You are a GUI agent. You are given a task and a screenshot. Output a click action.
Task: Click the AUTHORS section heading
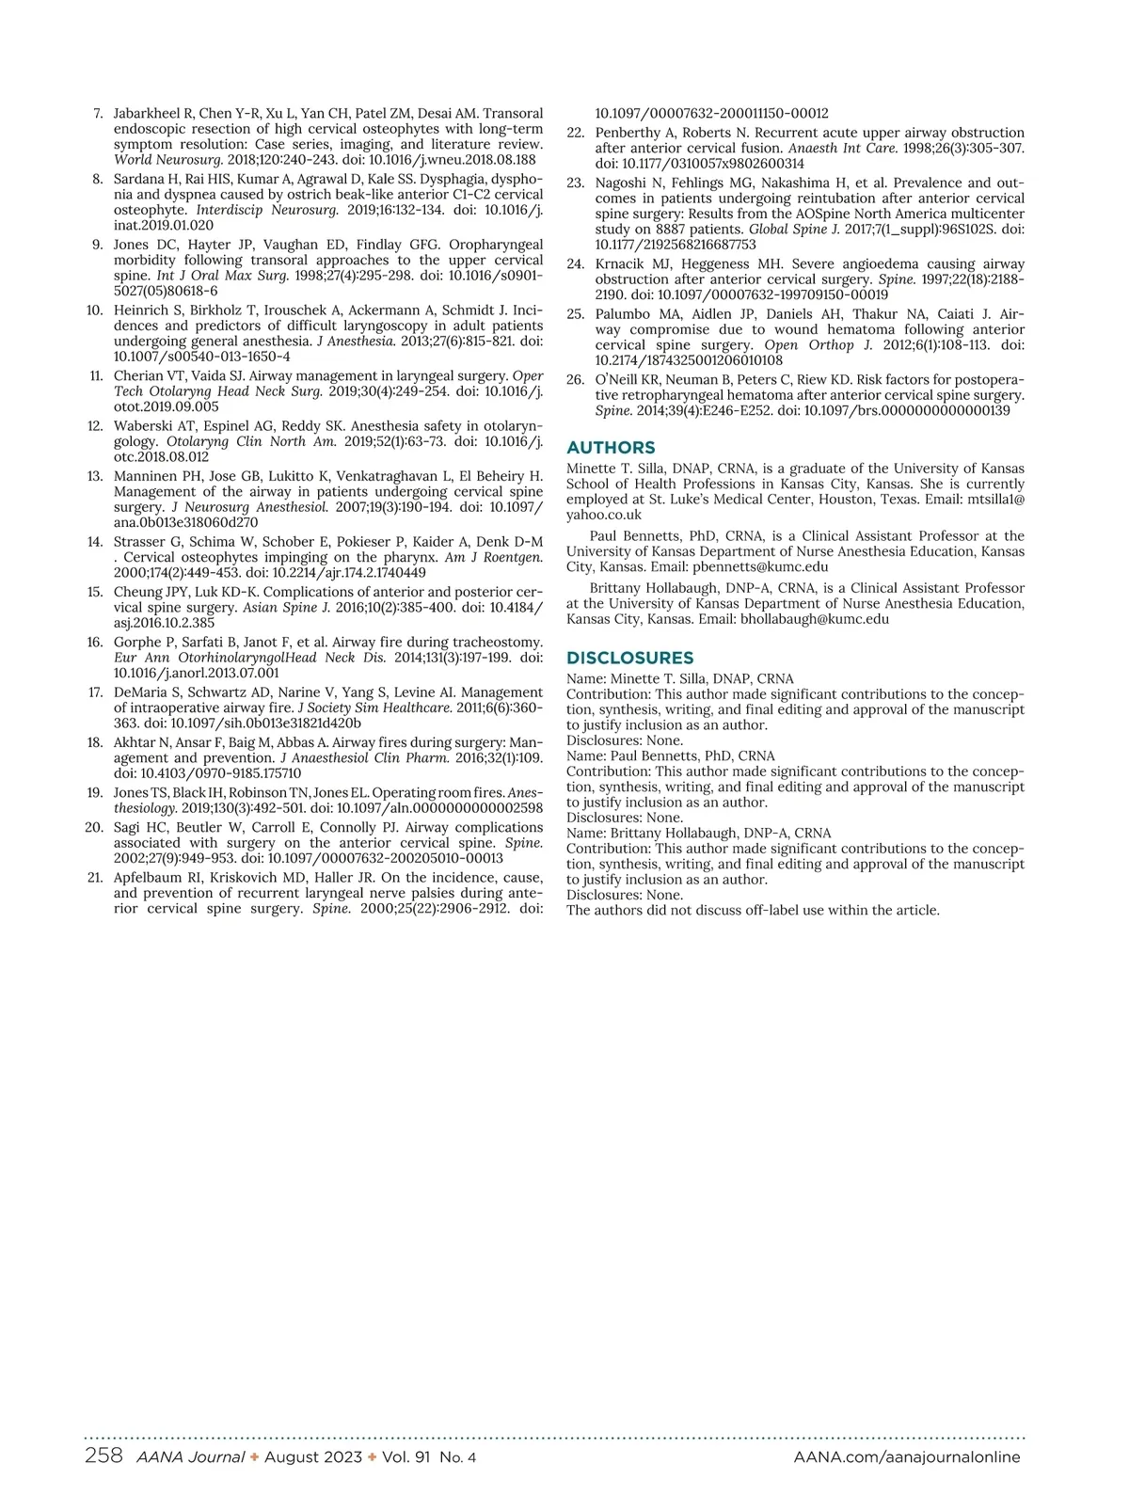tap(611, 448)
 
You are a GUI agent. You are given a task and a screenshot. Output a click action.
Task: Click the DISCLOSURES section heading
tap(629, 659)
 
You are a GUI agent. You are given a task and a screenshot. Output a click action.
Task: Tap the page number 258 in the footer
tap(103, 1456)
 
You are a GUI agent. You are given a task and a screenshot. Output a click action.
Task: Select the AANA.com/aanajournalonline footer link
tap(906, 1457)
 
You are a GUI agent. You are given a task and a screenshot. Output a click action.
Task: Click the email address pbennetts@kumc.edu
tap(760, 567)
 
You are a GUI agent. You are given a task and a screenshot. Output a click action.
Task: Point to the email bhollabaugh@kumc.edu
tap(815, 619)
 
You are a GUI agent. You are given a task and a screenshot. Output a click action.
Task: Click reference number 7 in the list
tap(99, 114)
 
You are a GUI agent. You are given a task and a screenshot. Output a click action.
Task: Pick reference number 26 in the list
tap(576, 380)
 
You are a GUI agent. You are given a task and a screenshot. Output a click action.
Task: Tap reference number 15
tap(95, 593)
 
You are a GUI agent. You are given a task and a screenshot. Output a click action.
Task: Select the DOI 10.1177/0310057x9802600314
tap(712, 164)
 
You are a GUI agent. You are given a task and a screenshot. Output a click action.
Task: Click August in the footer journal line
tap(294, 1457)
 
